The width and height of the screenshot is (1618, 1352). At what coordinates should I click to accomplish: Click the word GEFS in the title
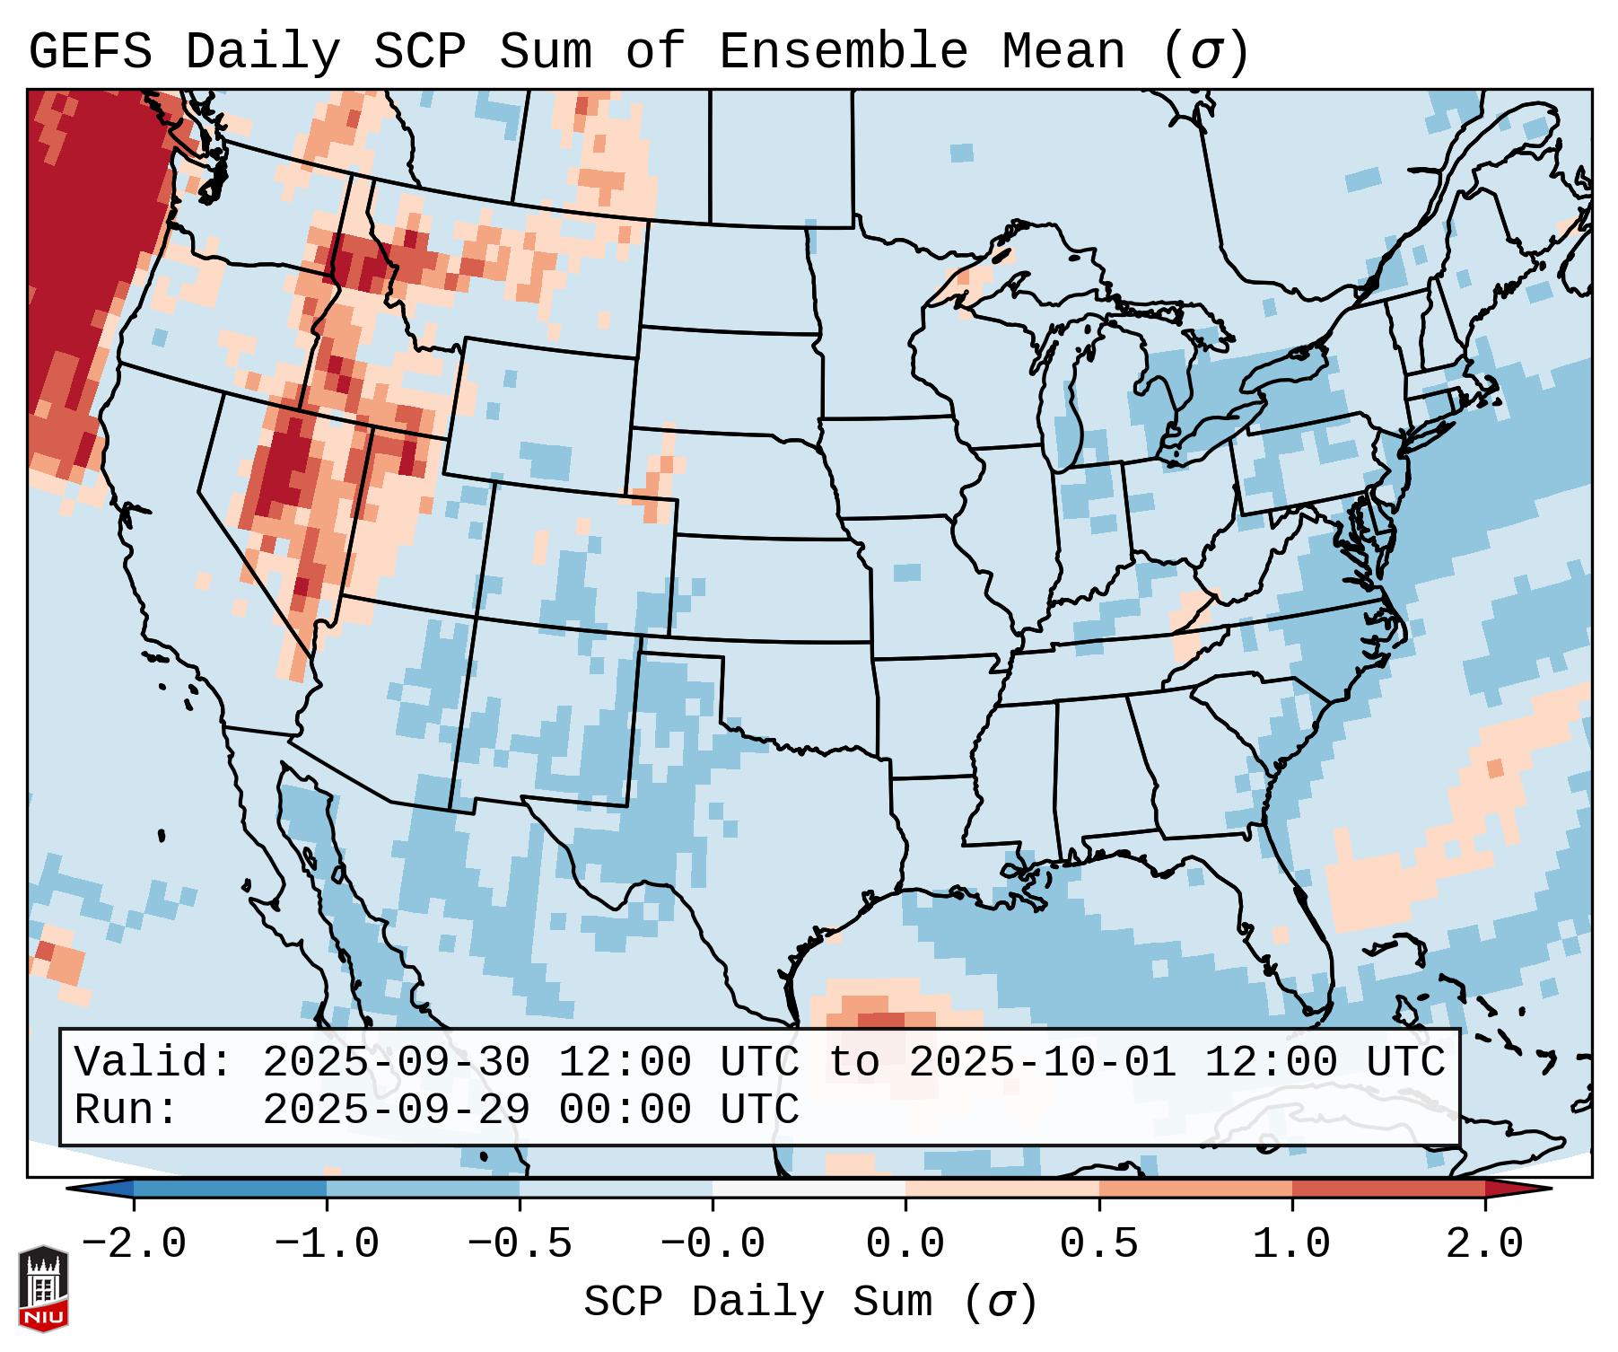[90, 51]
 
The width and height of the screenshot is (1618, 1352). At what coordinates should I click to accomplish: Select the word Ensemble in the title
[844, 51]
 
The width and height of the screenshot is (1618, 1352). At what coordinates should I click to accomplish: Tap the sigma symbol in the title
[1205, 53]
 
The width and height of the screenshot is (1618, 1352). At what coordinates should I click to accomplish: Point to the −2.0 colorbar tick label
[134, 1244]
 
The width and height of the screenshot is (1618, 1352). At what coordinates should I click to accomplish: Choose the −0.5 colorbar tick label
[520, 1244]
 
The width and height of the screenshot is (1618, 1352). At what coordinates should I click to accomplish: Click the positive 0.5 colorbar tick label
[1098, 1244]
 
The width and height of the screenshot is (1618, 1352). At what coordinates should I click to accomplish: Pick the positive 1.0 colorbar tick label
[1291, 1244]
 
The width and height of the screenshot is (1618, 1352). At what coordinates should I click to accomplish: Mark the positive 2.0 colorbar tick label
[1484, 1244]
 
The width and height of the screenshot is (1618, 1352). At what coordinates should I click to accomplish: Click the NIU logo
[43, 1288]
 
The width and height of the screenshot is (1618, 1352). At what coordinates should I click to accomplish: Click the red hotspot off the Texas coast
[880, 1019]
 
